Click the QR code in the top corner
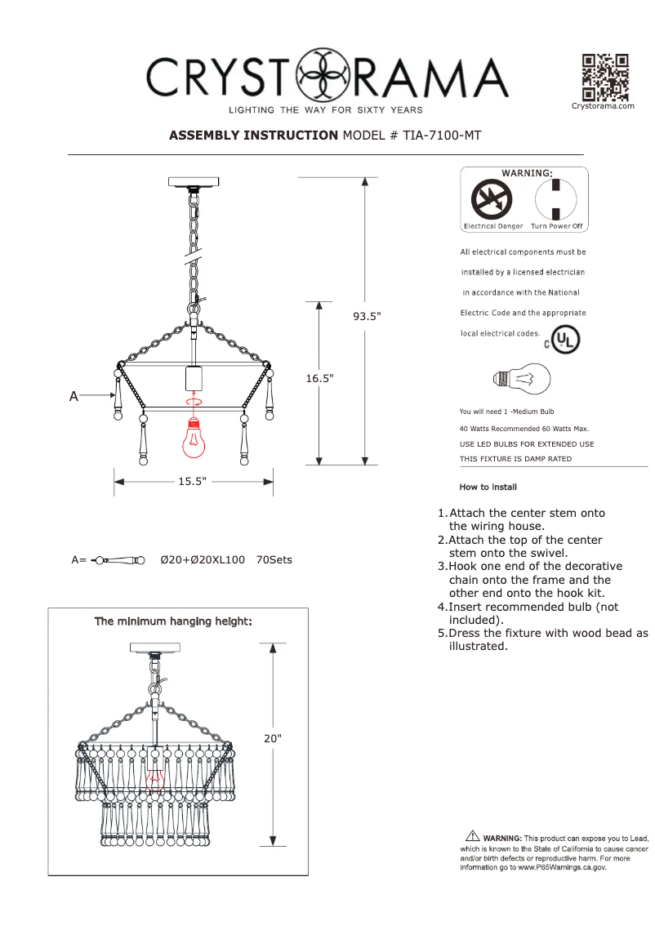pos(604,77)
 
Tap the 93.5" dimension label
pos(367,317)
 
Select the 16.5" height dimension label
pos(319,379)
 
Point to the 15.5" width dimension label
pos(192,482)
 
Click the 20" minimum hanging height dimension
pos(272,738)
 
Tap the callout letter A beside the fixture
pos(74,396)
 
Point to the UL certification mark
pos(564,340)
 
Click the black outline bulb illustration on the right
pos(522,378)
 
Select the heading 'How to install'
pos(488,487)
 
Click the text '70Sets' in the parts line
pos(274,560)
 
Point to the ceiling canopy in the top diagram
pos(194,182)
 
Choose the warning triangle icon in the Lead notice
pos(472,835)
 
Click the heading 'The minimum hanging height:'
pos(173,621)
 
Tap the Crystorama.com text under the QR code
pos(603,105)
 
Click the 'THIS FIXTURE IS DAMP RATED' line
pos(515,459)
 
